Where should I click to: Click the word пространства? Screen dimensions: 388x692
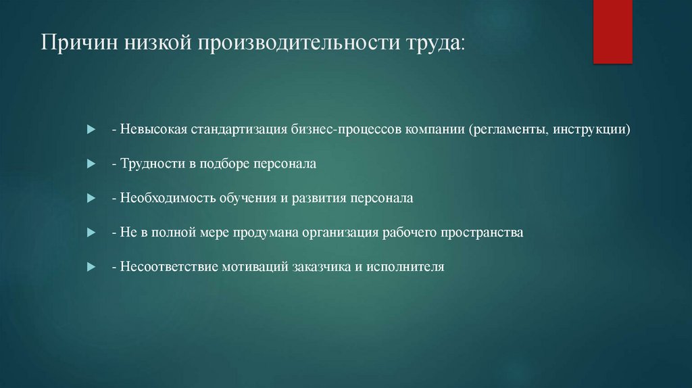(x=482, y=233)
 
